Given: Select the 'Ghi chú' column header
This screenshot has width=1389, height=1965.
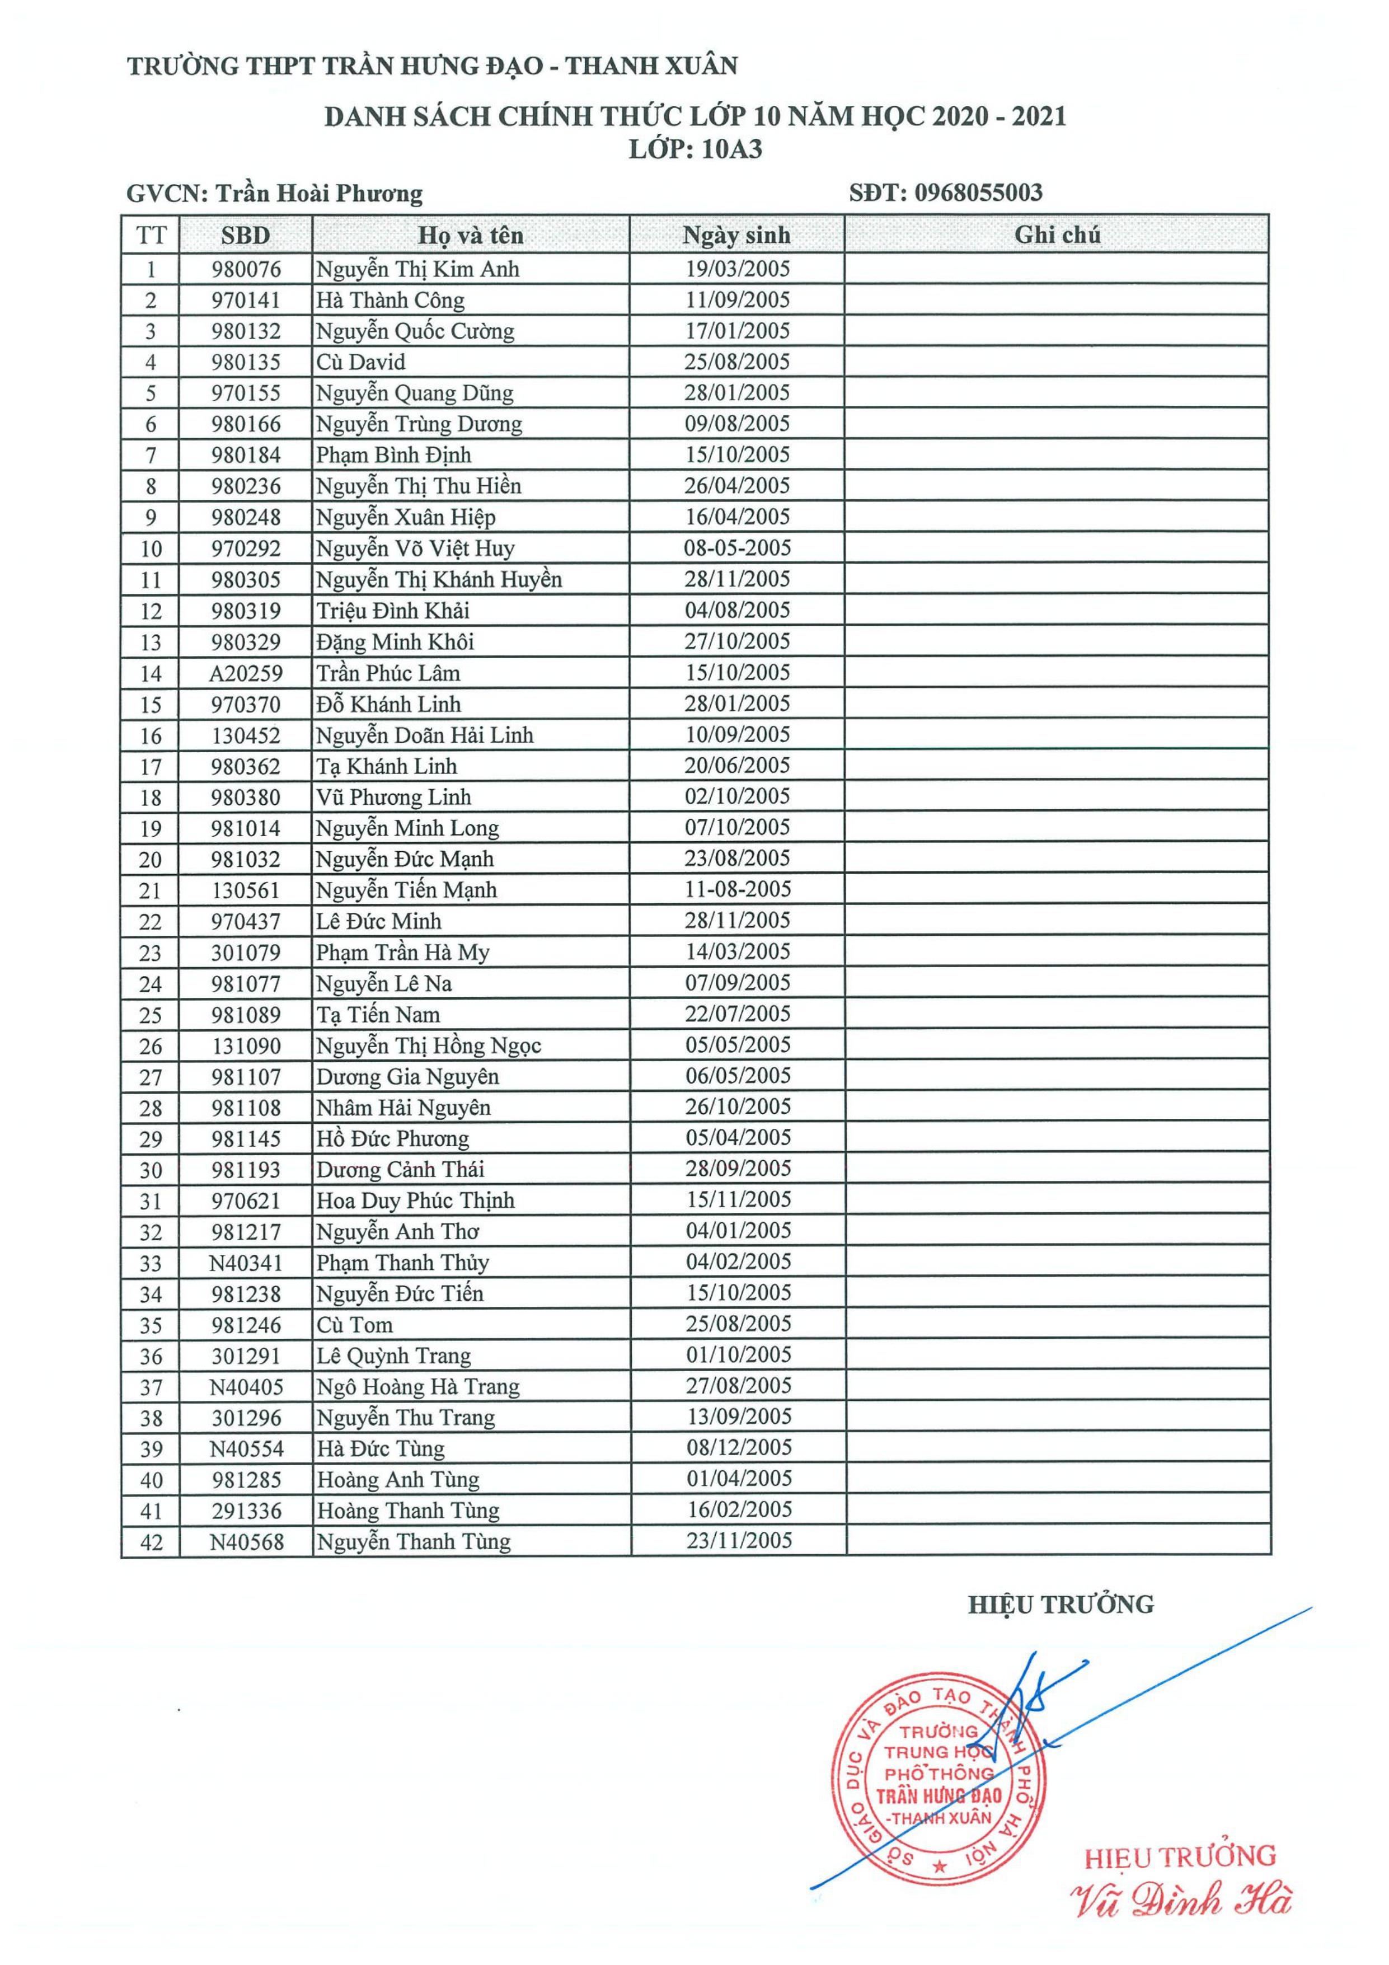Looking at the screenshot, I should pos(1057,235).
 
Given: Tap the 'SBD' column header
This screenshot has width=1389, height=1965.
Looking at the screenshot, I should pos(246,236).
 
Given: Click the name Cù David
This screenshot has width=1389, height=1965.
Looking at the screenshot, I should pos(360,362).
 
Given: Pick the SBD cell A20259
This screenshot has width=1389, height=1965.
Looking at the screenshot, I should pos(246,673).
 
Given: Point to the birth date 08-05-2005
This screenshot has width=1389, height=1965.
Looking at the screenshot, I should pos(737,548).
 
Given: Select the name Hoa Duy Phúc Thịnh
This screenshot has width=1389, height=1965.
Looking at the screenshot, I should pos(415,1200).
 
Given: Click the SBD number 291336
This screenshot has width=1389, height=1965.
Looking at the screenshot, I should pos(246,1512).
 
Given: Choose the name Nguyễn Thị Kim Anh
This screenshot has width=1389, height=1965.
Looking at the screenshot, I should pos(417,270).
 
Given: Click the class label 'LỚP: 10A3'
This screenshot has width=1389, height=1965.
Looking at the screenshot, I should pos(695,150).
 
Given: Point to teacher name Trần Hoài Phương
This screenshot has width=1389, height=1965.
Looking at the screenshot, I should pos(318,194).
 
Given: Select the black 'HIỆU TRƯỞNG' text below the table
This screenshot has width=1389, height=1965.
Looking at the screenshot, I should pos(1060,1605).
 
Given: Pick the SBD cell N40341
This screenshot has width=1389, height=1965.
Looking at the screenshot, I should pos(246,1263).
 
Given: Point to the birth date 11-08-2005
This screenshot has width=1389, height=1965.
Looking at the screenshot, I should pos(738,889).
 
